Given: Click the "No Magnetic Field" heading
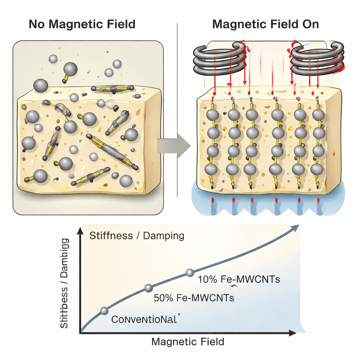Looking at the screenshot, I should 82,24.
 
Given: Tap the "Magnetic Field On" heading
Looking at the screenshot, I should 265,24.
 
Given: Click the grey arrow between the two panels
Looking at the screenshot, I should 174,145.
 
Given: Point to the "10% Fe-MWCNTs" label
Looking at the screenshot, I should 239,280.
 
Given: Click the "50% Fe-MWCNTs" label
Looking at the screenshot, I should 194,298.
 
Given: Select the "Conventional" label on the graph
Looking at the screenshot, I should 144,320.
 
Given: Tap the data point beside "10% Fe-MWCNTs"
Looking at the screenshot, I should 190,272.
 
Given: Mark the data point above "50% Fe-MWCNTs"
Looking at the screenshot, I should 148,288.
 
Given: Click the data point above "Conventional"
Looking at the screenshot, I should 104,310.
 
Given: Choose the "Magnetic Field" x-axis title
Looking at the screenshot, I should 187,341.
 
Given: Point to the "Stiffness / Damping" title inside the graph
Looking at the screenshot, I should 137,235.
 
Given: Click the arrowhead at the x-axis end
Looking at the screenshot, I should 291,332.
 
